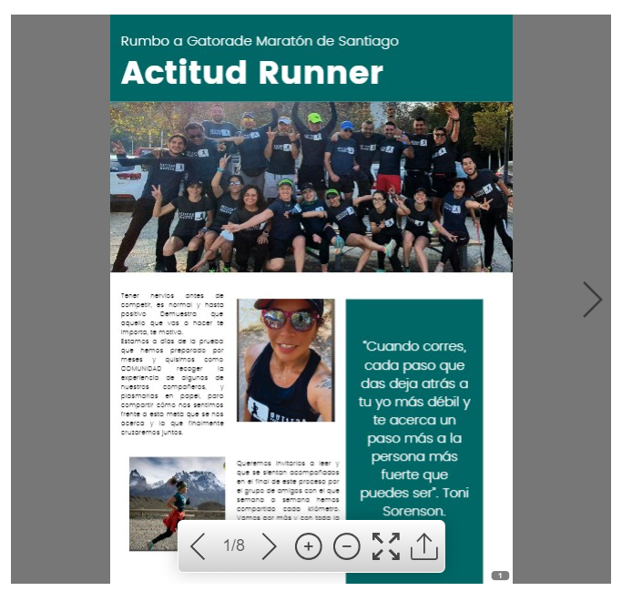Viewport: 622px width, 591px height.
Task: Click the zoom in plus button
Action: click(x=309, y=546)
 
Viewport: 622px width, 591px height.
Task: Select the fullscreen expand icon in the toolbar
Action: click(x=386, y=546)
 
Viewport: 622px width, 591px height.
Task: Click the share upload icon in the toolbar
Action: click(x=424, y=546)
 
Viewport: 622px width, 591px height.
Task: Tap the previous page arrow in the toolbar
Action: click(x=198, y=546)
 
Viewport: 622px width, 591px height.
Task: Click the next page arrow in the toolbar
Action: click(x=269, y=546)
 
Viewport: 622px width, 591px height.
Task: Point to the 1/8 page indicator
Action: click(x=234, y=546)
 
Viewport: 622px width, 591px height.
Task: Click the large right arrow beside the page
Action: click(x=593, y=299)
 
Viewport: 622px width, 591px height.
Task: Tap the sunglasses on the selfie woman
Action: click(x=289, y=320)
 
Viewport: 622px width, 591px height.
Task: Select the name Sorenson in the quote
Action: click(x=413, y=512)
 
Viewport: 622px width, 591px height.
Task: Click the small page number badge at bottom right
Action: click(x=500, y=576)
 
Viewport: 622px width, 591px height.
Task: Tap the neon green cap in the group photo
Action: click(x=315, y=117)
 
